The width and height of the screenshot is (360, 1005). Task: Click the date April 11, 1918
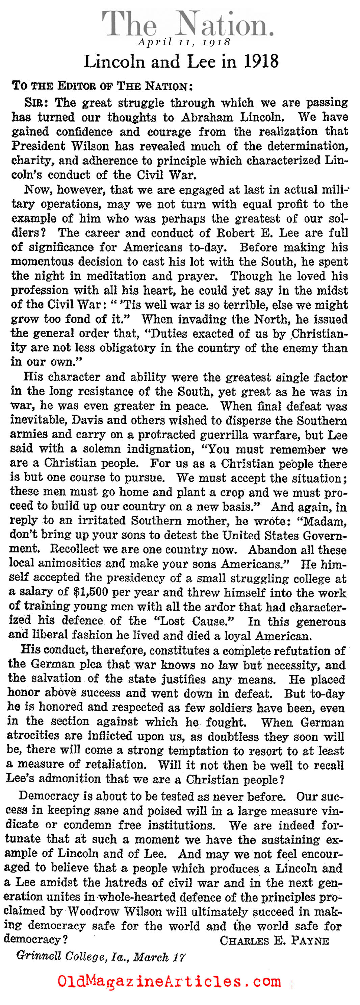point(184,42)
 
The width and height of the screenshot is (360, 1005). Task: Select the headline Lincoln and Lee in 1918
point(181,61)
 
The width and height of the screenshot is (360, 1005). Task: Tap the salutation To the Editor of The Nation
point(102,86)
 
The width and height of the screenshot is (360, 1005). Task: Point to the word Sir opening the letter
point(36,103)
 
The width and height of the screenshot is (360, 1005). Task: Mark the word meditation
point(115,276)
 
